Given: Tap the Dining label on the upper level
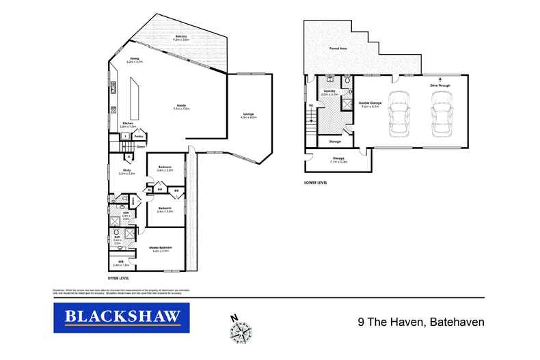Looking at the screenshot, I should click(134, 59).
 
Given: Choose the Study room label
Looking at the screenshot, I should click(127, 171).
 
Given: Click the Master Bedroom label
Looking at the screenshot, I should click(162, 248).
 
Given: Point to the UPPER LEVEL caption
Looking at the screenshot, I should click(119, 279).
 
